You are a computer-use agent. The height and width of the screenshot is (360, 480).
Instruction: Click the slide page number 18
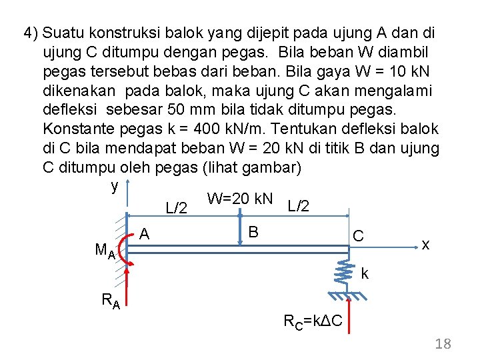pos(443,344)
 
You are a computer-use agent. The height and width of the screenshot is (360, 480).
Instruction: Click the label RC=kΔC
pos(313,322)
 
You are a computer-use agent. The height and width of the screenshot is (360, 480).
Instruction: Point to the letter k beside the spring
pos(365,273)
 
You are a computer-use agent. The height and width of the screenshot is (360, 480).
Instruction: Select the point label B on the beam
pos(253,232)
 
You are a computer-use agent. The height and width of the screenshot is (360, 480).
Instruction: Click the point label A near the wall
pos(145,233)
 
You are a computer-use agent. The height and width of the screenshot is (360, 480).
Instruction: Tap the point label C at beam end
pos(358,236)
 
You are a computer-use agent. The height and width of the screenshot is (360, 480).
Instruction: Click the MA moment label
pos(105,251)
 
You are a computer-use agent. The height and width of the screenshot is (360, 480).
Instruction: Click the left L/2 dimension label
pos(175,209)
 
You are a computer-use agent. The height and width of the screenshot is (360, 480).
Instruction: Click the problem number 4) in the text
pos(31,33)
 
